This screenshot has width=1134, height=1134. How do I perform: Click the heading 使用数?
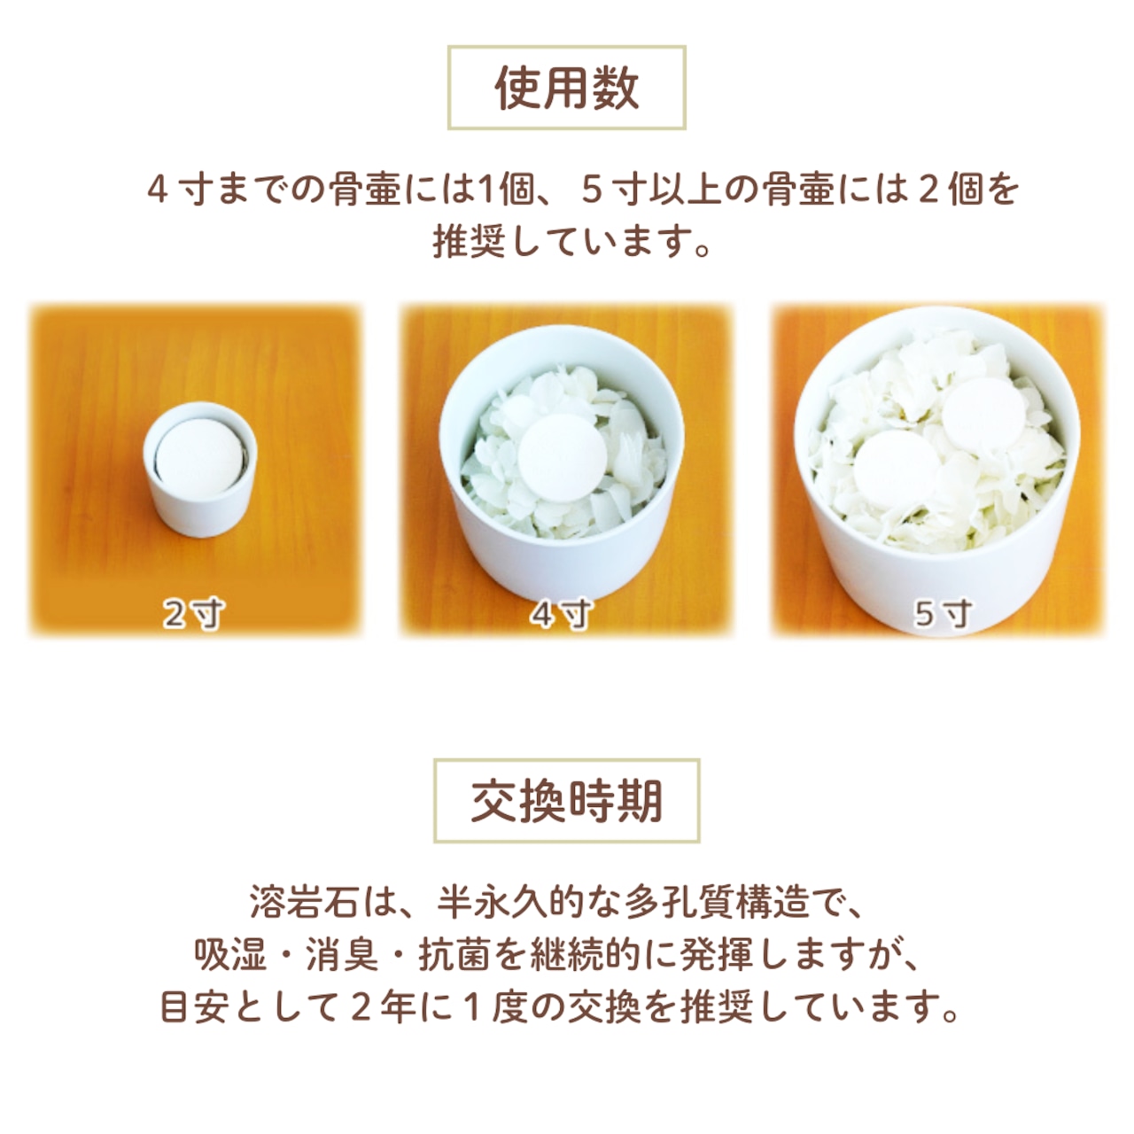point(566,89)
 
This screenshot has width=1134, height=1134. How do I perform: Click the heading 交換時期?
point(567,801)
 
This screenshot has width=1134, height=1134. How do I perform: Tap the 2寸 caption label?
point(194,614)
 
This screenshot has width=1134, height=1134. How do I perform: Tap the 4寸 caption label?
point(561,614)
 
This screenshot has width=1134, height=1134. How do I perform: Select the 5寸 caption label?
point(942,614)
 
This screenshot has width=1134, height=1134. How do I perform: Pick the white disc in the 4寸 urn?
point(562,457)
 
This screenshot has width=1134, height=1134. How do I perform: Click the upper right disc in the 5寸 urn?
point(984,416)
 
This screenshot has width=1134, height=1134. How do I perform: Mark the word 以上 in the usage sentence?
point(687,190)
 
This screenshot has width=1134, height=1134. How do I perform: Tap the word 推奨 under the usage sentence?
point(469,242)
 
